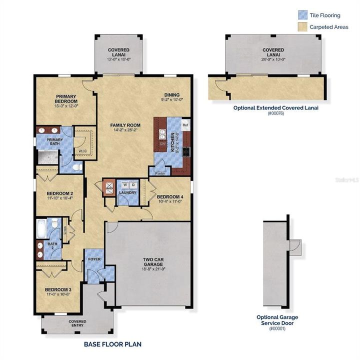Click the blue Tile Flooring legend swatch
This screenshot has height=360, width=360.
coord(302,14)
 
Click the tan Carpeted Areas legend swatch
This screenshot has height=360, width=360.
coord(302,27)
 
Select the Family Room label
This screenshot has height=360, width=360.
coord(125,125)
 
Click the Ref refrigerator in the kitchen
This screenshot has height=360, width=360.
coord(185,125)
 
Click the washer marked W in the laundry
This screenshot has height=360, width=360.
coord(124,184)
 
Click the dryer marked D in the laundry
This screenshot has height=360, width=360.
coord(132,184)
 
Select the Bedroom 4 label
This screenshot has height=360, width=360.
coord(170,197)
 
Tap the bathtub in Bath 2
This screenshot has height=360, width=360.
coord(41,229)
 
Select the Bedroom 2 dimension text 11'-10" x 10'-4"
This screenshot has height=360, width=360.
coord(60,198)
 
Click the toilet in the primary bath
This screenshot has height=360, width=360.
coord(76,167)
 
